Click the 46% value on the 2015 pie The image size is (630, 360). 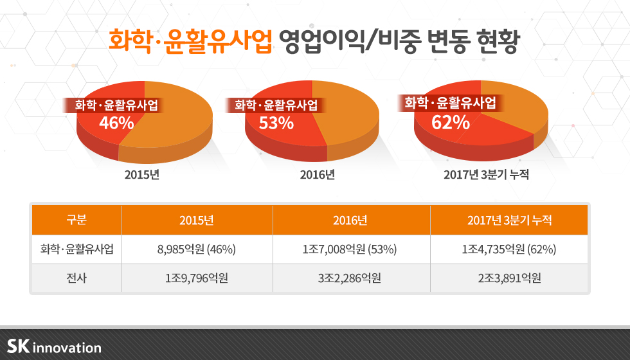[116, 123]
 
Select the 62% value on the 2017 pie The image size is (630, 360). [450, 122]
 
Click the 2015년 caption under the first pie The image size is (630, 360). [141, 174]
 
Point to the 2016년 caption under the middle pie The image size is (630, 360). [317, 174]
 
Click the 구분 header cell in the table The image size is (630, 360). [76, 221]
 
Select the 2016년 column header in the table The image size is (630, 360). [350, 221]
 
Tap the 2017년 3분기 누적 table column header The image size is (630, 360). [509, 221]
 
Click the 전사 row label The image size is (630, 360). [76, 278]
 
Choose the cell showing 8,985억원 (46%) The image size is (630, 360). [196, 249]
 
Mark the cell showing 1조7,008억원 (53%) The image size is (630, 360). [350, 249]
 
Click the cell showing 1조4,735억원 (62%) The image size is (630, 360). [509, 249]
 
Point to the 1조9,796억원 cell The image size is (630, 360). [196, 278]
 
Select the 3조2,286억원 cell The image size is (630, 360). [350, 278]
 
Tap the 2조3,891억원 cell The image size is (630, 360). [509, 278]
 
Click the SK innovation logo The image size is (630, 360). [54, 346]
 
